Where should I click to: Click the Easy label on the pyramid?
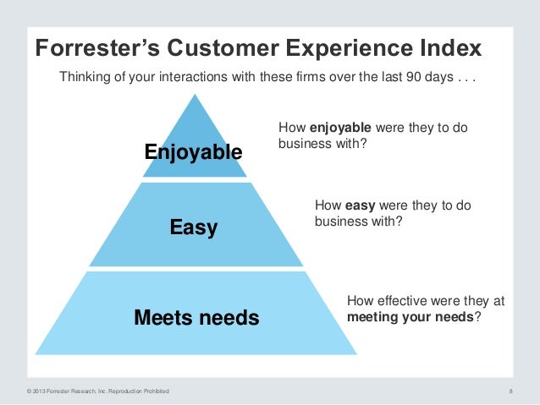point(194,227)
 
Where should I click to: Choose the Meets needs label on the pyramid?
point(196,318)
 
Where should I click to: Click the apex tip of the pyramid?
point(196,95)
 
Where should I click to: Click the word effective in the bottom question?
point(399,300)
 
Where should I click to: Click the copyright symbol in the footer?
point(29,391)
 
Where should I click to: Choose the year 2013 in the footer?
point(40,391)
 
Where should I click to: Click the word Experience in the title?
point(344,47)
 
